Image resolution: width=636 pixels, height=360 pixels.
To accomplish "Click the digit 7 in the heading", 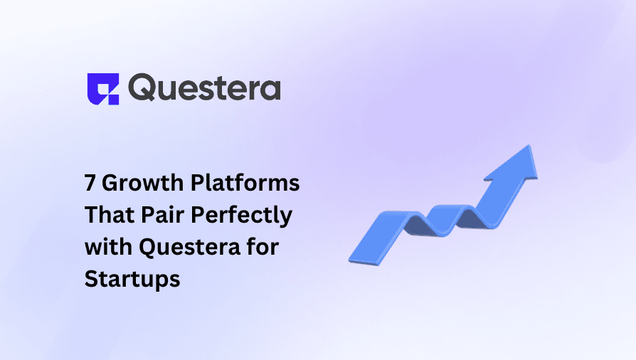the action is [90, 183].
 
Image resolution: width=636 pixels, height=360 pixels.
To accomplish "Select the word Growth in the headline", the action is [142, 183].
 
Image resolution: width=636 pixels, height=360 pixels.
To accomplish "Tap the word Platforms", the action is [245, 183].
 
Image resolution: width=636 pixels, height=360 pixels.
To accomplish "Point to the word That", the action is [109, 215].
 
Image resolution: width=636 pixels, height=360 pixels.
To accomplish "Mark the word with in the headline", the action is [108, 246].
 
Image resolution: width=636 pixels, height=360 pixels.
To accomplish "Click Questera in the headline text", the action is [189, 247].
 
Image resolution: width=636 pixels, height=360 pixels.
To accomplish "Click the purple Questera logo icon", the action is [103, 89].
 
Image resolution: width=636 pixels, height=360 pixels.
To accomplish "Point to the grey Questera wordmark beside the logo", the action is [204, 87].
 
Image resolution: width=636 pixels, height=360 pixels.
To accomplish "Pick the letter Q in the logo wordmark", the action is [142, 88].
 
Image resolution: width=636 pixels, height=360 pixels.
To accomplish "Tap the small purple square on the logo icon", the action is [113, 99].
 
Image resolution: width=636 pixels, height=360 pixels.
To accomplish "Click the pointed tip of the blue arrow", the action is [529, 146].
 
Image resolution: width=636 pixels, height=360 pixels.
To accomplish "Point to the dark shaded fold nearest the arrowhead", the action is [472, 218].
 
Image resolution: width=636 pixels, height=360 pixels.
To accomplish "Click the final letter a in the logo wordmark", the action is [270, 90].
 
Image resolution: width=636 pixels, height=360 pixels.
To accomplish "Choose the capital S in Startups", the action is [91, 279].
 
